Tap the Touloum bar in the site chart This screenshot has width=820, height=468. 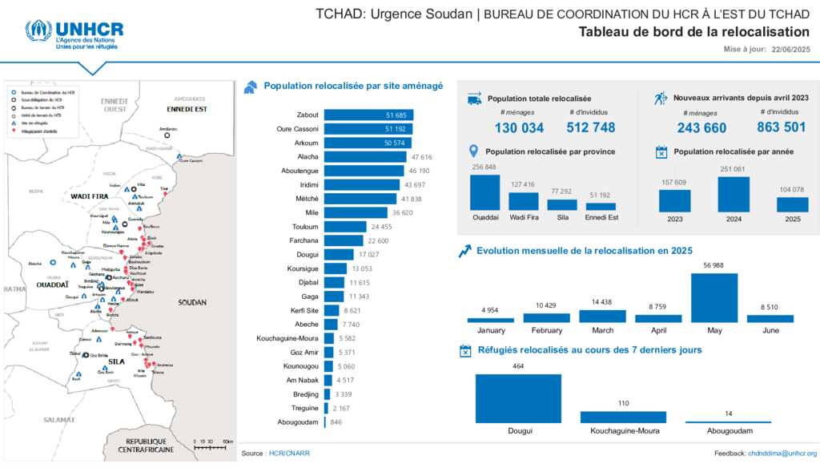coord(345,227)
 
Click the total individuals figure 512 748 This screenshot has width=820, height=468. coord(591,127)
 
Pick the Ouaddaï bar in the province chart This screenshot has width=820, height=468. coord(484,192)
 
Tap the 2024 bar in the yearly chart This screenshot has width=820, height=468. coord(733,194)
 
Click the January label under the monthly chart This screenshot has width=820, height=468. coord(490,330)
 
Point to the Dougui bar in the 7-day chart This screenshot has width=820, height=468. coord(518,399)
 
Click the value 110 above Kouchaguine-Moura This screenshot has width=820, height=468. coord(622,403)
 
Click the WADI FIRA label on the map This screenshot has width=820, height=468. coord(90,196)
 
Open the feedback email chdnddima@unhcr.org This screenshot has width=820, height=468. coord(782,454)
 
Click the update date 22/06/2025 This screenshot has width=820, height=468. coord(791,50)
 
